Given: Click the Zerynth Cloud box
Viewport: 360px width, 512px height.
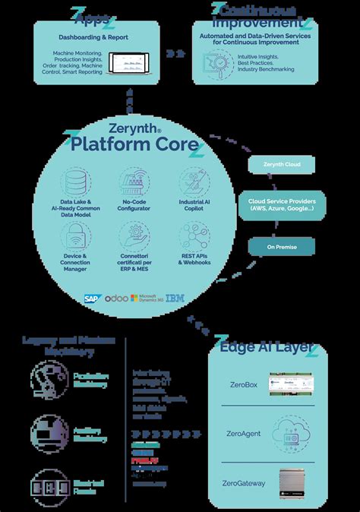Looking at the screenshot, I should coord(281,164).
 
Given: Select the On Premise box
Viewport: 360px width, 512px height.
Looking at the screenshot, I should coord(281,246).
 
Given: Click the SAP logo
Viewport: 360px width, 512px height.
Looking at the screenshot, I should coord(93,299).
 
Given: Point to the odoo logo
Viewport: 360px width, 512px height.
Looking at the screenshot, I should coord(116,299).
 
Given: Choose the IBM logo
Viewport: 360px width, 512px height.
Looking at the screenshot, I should coord(175,299).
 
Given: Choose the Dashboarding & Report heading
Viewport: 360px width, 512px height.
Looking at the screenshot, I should coord(94,36).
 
